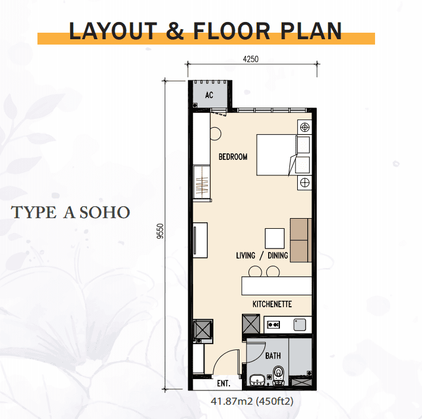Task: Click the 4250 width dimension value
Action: [251, 59]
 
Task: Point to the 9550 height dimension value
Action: [160, 231]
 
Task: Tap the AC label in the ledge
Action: [209, 94]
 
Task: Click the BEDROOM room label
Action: [233, 157]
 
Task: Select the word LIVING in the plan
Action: [245, 256]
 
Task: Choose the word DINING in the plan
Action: [278, 256]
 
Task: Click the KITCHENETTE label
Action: [272, 304]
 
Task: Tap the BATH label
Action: [273, 356]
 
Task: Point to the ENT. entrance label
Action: [223, 383]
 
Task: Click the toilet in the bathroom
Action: [278, 375]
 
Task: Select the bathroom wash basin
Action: [257, 380]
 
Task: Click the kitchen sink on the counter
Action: [300, 325]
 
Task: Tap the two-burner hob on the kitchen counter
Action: [273, 325]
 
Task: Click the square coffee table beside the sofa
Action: [275, 238]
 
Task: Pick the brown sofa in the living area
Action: [301, 240]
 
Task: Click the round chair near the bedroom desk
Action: [215, 134]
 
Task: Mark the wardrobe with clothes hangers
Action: [202, 182]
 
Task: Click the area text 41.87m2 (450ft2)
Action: [252, 401]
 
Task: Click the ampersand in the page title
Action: [175, 31]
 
